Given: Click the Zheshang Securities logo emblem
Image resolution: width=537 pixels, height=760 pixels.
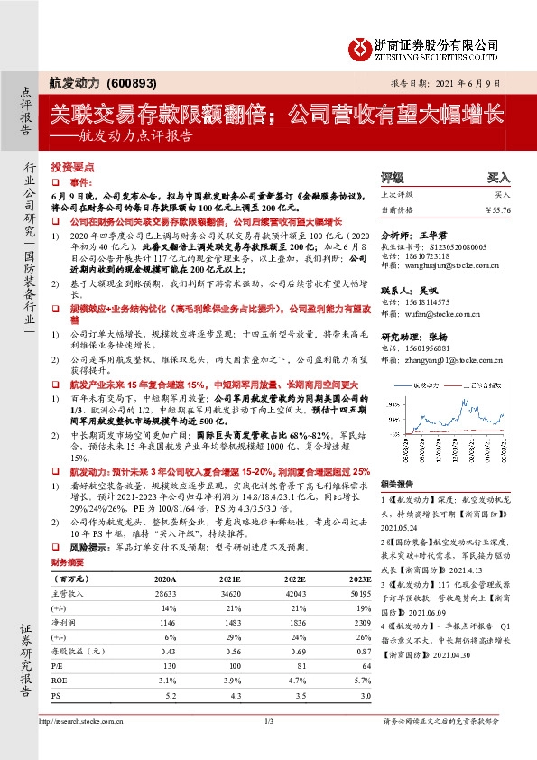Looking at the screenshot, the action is [360, 47].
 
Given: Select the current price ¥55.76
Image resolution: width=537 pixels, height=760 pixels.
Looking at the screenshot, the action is [497, 209].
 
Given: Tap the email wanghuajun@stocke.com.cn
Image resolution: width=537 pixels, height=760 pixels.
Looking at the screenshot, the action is [447, 266].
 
